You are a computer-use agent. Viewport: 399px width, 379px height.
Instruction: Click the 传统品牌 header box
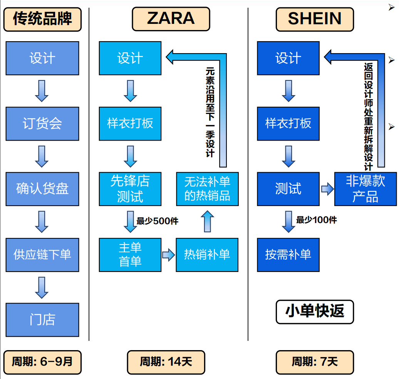[42, 19]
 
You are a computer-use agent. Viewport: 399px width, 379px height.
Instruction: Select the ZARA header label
[171, 19]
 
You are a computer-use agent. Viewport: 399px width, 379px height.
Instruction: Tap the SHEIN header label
[315, 19]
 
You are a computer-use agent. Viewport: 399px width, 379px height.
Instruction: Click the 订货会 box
[42, 124]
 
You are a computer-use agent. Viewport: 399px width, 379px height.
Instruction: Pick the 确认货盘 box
[42, 189]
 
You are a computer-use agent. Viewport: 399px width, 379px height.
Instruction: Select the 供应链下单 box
[42, 255]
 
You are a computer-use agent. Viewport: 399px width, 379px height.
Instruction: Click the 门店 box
[42, 320]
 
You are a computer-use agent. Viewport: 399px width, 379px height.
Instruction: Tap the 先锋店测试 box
[130, 189]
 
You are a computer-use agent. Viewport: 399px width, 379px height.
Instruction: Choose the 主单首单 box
[130, 255]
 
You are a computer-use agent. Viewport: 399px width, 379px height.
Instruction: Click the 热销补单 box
[207, 255]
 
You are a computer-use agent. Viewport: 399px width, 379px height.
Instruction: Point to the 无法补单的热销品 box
[207, 189]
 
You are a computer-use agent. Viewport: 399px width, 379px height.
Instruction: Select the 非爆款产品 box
[365, 189]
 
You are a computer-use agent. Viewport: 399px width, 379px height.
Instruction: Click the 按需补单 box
[288, 255]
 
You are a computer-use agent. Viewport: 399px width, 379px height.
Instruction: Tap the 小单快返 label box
[315, 312]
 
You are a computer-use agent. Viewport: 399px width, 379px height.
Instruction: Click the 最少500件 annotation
[157, 221]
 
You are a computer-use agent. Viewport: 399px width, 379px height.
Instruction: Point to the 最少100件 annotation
[316, 220]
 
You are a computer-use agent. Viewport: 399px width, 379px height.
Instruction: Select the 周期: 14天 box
[166, 362]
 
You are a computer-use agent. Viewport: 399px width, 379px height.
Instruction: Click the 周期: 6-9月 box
[42, 362]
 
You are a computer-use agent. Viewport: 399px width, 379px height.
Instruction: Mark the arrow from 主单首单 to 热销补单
[169, 255]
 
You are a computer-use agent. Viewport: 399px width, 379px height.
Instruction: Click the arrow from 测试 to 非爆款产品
[327, 189]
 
